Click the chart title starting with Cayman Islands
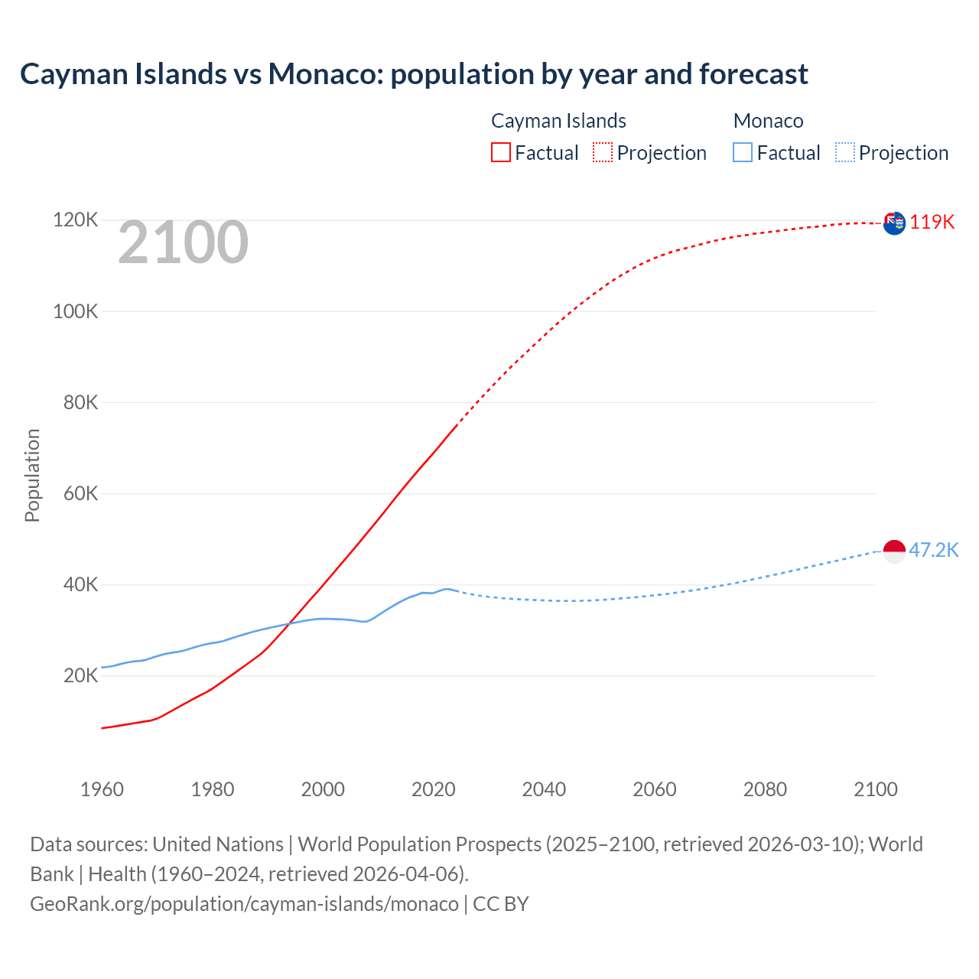(414, 74)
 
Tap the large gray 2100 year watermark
(183, 242)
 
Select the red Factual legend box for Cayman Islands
(501, 152)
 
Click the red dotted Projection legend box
(603, 152)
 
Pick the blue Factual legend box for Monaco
(743, 152)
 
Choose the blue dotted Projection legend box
(845, 152)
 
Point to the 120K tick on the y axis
(76, 220)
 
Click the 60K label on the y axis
(80, 493)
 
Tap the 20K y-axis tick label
(80, 675)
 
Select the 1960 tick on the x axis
(102, 789)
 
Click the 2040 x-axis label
(544, 789)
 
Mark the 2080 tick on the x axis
(765, 789)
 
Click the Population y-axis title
(32, 475)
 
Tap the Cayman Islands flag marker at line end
(894, 223)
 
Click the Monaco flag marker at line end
(894, 551)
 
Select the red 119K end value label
(932, 222)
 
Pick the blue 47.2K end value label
(933, 550)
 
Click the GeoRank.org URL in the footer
(244, 903)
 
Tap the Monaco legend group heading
(768, 121)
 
